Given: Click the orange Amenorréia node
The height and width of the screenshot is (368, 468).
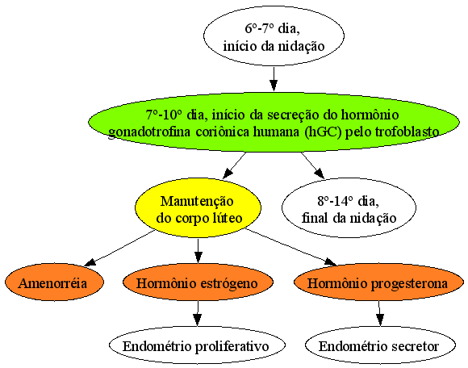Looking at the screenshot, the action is pos(54,282).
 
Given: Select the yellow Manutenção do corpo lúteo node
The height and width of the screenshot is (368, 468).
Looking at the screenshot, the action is pos(198,208).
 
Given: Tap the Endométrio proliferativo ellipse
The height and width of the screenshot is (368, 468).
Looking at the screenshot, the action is pos(197,345).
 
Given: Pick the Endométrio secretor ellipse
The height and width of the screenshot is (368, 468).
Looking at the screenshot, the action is pos(380,345).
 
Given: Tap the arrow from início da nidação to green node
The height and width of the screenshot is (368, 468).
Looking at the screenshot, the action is pos(274,78).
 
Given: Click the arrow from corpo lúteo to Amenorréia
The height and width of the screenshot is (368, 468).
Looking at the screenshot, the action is pos(120,248).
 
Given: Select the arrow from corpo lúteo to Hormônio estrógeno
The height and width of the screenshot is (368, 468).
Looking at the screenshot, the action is pos(198,251).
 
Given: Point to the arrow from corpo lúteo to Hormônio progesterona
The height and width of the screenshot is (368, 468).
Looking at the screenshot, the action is pos(291,247).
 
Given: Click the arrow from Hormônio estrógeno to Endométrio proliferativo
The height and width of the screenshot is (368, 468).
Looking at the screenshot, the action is pos(198,313).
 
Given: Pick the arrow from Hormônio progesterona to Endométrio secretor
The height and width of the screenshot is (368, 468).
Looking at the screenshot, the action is pos(379,313).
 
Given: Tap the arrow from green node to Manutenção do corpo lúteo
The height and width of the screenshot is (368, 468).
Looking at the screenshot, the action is pos(235,165).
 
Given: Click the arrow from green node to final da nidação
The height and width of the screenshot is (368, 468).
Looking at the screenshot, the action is pos(312,165).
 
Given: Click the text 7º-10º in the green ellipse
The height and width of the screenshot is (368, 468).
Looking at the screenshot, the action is pos(164,115).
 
